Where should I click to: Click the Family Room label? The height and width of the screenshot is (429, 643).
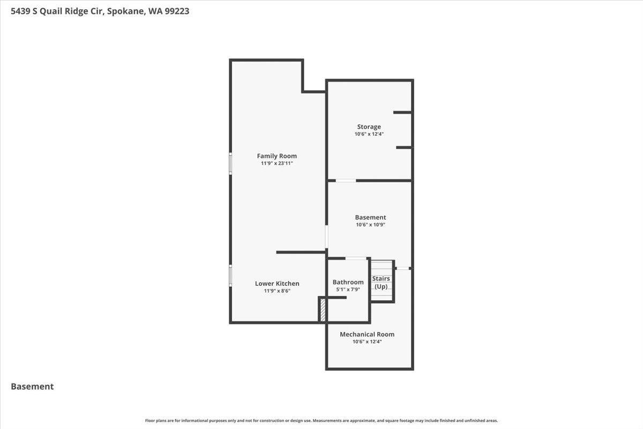(276, 156)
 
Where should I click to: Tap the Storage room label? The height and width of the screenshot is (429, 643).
(369, 127)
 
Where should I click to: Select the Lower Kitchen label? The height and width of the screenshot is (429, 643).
(277, 284)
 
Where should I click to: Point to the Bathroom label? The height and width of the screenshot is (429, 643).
(348, 282)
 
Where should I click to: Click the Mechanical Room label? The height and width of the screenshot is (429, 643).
(367, 335)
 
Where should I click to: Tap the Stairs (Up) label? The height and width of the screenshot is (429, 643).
(381, 283)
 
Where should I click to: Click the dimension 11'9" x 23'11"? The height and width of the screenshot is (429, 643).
(276, 163)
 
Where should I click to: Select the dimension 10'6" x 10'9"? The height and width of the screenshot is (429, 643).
(370, 225)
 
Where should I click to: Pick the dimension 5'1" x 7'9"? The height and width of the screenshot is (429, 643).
(348, 289)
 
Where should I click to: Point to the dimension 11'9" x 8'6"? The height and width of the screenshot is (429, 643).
(277, 291)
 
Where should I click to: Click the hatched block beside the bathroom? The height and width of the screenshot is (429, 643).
(323, 310)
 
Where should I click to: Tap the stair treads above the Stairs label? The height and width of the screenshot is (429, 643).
(382, 267)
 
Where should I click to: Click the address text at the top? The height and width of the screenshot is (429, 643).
(100, 10)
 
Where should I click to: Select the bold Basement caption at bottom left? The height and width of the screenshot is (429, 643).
(32, 386)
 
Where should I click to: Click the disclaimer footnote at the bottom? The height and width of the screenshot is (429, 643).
(322, 420)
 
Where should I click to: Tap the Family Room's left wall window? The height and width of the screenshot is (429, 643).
(230, 164)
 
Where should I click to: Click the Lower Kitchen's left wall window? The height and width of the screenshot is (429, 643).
(230, 275)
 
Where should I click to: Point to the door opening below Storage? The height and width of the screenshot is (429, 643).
(346, 181)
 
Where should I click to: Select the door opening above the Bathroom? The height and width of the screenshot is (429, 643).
(355, 258)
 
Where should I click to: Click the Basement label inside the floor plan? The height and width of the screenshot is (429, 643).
(370, 217)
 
